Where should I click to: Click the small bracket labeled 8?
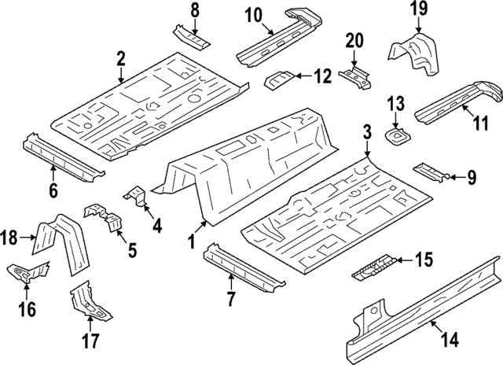pyautogui.click(x=189, y=38)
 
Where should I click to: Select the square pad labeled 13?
pyautogui.click(x=397, y=135)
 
